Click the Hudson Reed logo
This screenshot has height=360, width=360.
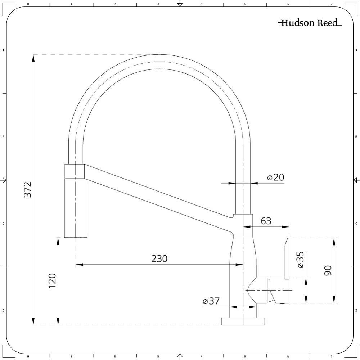click(x=310, y=23)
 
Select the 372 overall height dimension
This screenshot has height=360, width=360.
click(x=28, y=190)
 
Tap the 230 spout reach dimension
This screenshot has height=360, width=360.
click(x=159, y=259)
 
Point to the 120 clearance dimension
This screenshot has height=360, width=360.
click(x=52, y=281)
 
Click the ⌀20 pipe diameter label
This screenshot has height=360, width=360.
click(x=276, y=177)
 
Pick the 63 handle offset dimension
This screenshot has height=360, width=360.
click(x=266, y=221)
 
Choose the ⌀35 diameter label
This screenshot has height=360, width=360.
click(x=301, y=260)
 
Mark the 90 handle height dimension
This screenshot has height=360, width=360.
click(x=328, y=270)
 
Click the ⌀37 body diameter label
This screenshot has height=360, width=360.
click(x=211, y=301)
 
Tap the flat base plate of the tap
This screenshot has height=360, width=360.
click(x=243, y=321)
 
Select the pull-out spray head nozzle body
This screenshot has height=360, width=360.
click(x=75, y=208)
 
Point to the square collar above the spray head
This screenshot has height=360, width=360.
click(x=75, y=171)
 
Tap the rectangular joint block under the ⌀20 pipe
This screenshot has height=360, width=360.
click(x=243, y=225)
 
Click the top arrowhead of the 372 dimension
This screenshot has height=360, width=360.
click(x=33, y=58)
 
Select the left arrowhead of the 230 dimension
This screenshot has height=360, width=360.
click(x=80, y=265)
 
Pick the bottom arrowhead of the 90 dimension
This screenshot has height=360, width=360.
click(x=334, y=300)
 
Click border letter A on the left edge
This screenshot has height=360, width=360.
click(x=3, y=50)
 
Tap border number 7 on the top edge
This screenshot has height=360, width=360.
click(x=331, y=4)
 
